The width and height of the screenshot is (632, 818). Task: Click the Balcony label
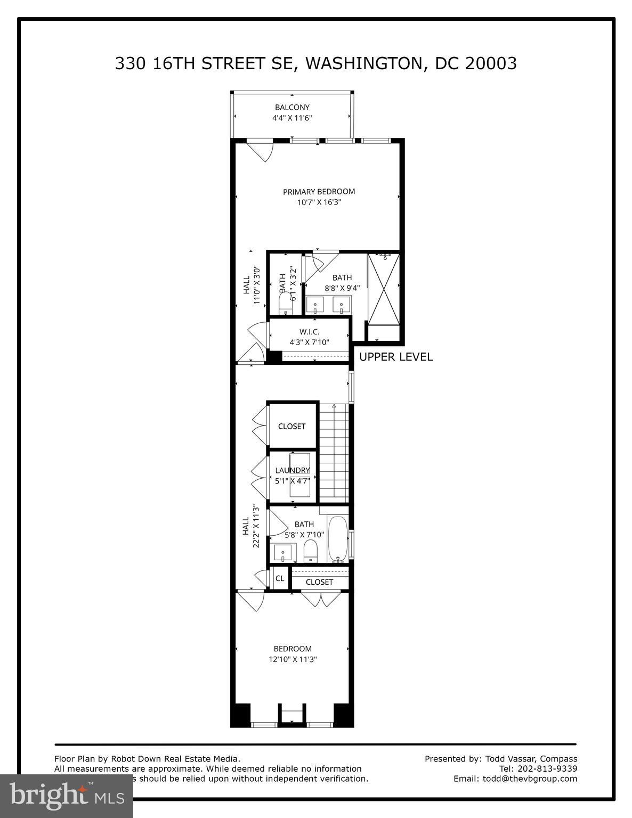(x=292, y=107)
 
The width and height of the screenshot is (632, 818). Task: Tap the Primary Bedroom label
(x=319, y=192)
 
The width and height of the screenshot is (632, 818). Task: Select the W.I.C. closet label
(x=309, y=332)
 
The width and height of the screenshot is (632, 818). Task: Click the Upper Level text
(x=396, y=357)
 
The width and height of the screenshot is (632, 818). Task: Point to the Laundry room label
(x=292, y=470)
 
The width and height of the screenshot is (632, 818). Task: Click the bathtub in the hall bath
(x=337, y=538)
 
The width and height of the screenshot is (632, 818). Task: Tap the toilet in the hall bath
(x=310, y=551)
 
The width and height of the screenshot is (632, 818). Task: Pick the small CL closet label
(x=280, y=578)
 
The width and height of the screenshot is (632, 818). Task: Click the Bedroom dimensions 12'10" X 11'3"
(x=293, y=659)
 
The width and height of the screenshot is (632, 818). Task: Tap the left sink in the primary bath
(x=317, y=306)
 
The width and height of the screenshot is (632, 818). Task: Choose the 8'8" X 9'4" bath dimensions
(x=342, y=288)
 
